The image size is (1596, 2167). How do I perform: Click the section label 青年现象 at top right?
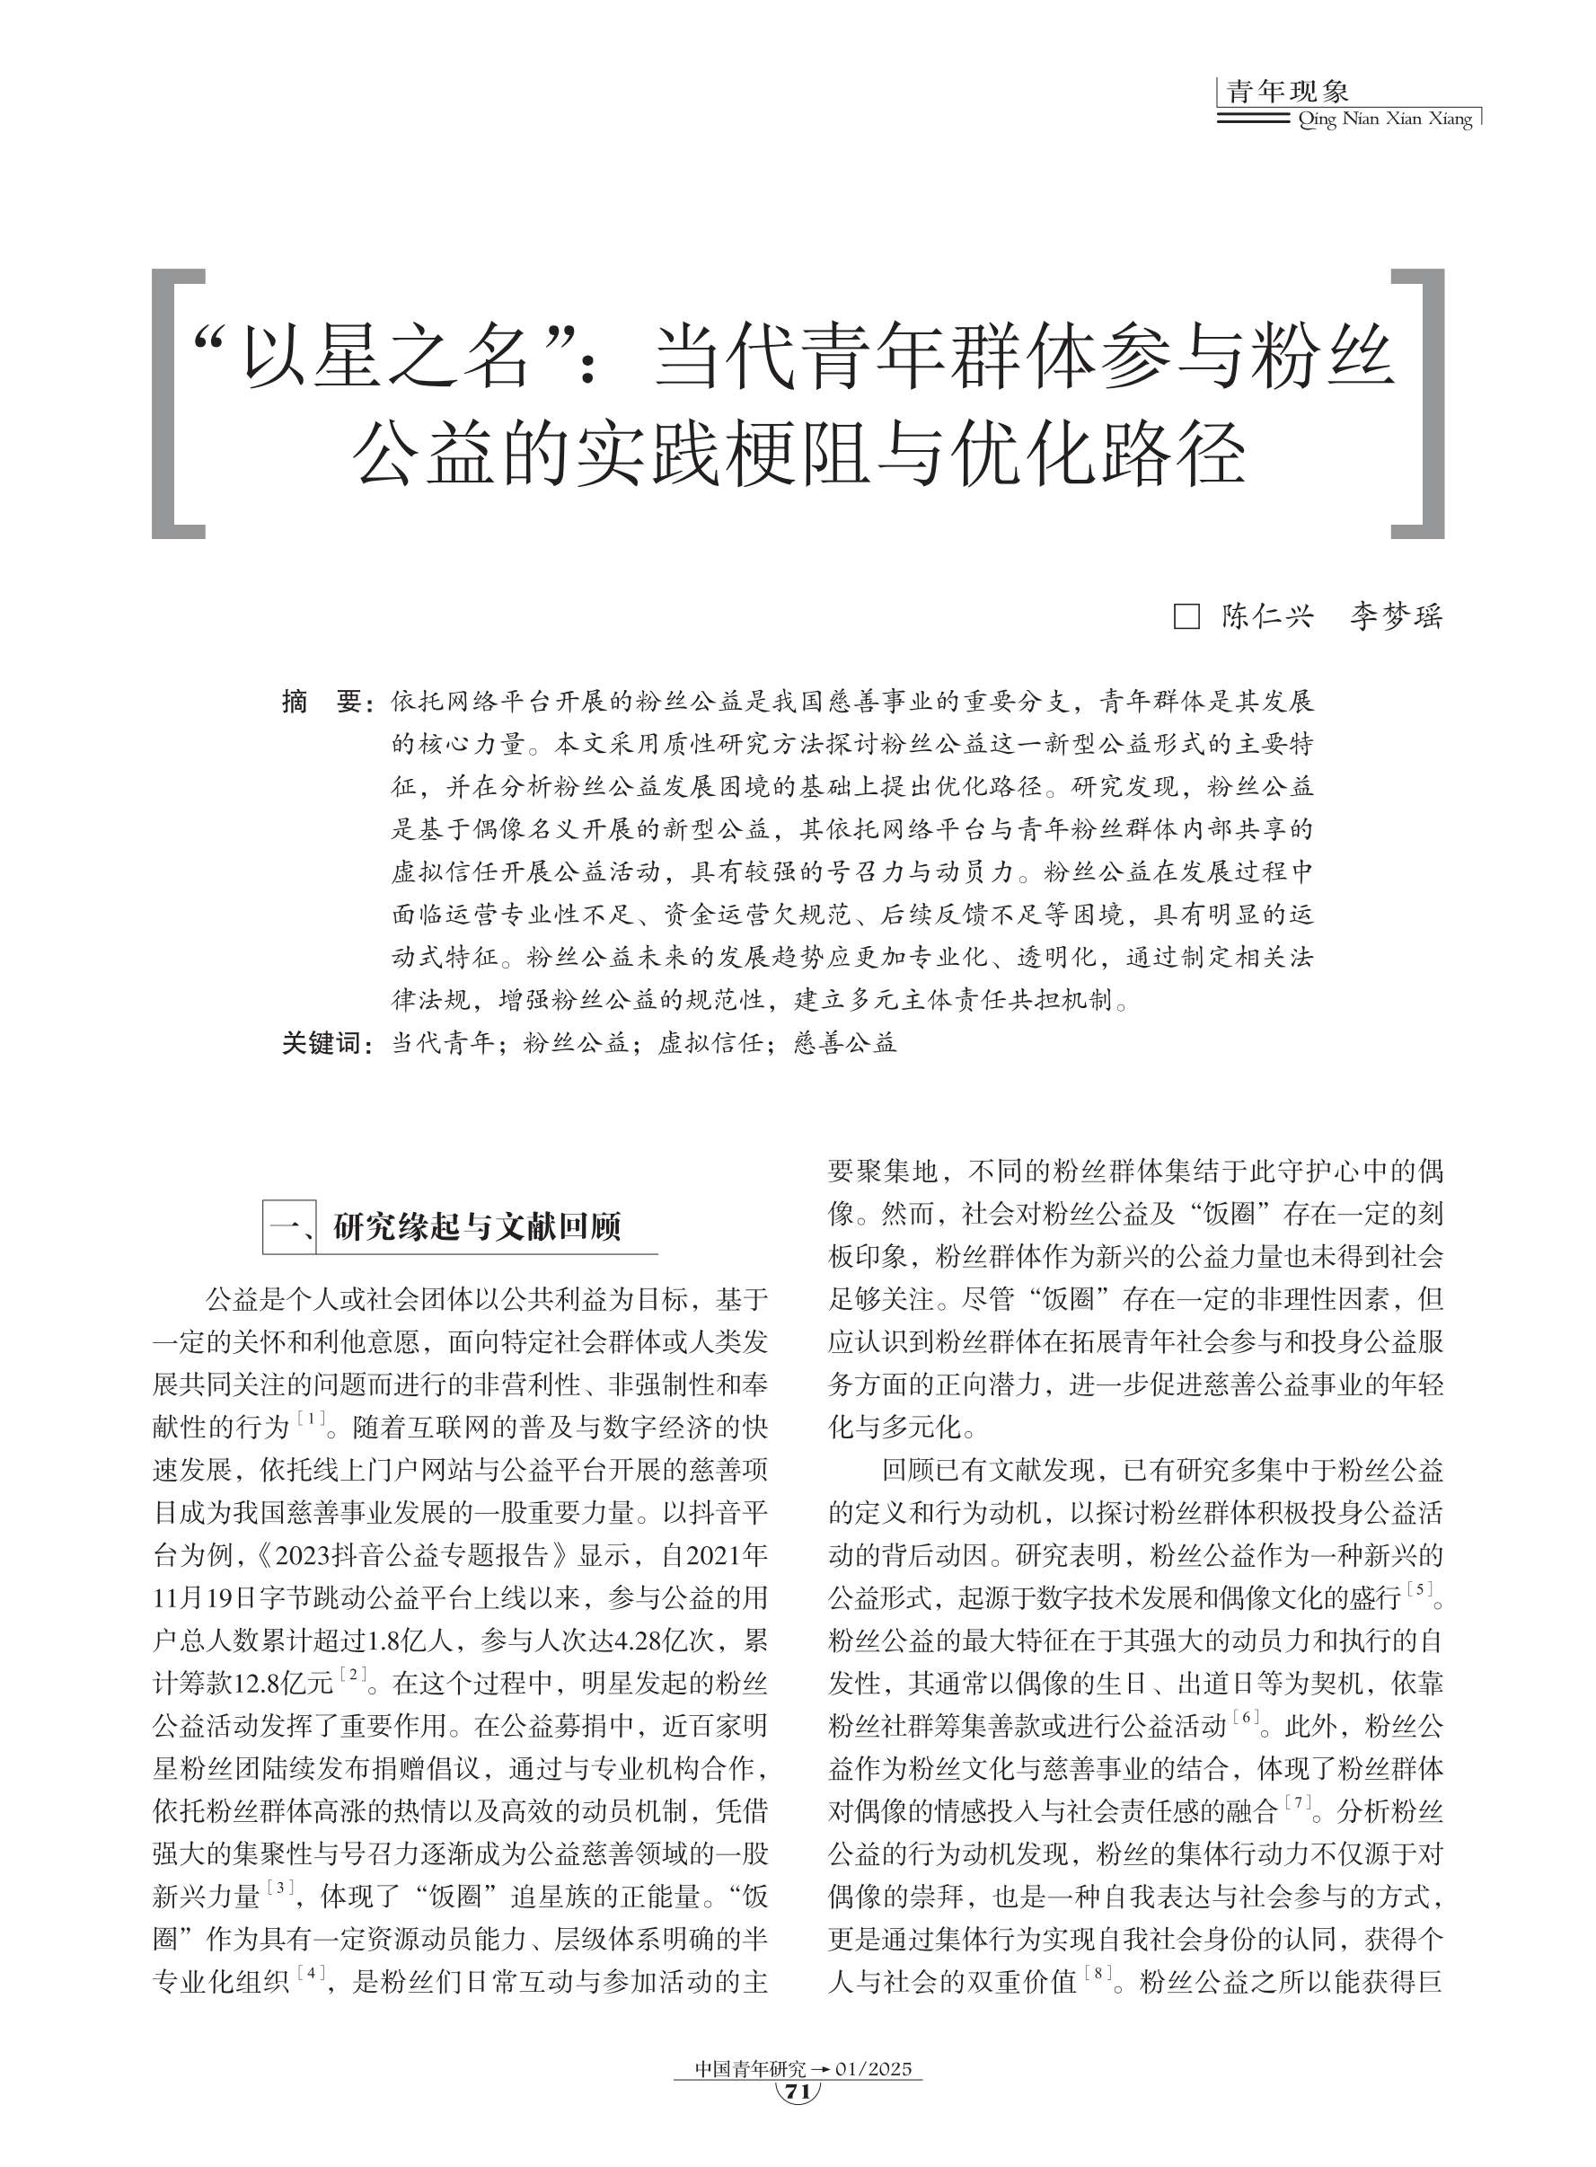click(x=1287, y=92)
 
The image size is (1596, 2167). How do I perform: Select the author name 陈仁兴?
click(x=1266, y=616)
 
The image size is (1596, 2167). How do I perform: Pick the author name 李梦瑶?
click(x=1395, y=616)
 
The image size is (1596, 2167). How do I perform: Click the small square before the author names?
click(x=1186, y=617)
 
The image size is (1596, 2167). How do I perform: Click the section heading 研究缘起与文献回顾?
click(x=476, y=1227)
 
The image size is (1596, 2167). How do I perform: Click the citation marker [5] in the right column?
click(x=1419, y=1589)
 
